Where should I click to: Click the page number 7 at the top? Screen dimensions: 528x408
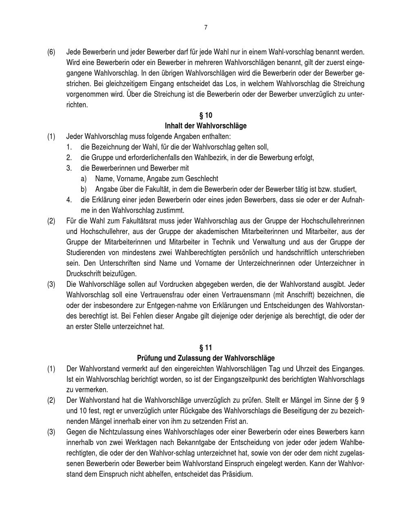[x=206, y=28]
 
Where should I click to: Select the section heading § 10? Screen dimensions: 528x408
[x=206, y=115]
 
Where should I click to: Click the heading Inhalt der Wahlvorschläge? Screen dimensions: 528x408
[x=206, y=126]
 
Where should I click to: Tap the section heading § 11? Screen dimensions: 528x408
[x=206, y=348]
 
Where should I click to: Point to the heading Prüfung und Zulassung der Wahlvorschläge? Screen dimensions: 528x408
[x=206, y=358]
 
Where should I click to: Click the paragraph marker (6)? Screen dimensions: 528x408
[x=51, y=52]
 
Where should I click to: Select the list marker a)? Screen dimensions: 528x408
[x=84, y=179]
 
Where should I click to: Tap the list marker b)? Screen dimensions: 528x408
[x=84, y=189]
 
